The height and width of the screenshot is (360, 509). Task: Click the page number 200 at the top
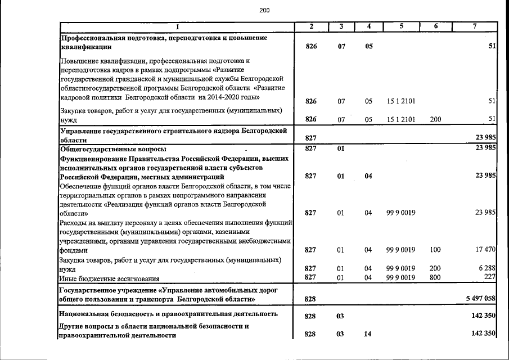pos(265,10)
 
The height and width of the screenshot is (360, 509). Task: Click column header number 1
pos(177,26)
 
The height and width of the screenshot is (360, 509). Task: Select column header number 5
pos(401,26)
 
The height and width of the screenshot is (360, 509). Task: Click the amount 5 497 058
pos(478,298)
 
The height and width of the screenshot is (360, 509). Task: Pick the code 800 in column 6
pos(435,277)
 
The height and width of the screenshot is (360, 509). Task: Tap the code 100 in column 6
pos(435,249)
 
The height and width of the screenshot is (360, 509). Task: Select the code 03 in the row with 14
pos(340,334)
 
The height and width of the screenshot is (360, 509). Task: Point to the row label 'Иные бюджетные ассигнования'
pos(109,278)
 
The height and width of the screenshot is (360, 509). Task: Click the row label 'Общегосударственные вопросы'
pos(113,148)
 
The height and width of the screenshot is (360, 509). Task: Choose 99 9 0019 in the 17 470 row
pos(401,249)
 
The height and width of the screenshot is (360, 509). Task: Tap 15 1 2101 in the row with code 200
pos(401,119)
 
